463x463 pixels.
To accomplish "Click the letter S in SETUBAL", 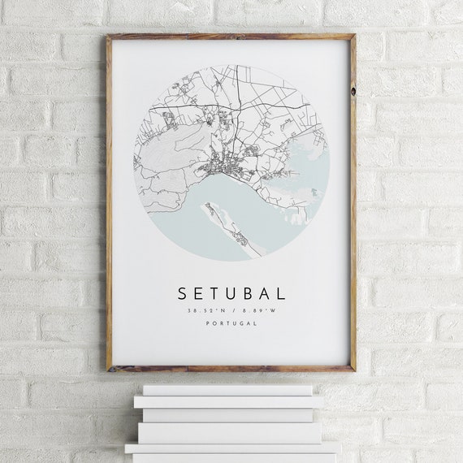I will tap(181, 292).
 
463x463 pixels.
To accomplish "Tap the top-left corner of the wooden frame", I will tap(109, 37).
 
